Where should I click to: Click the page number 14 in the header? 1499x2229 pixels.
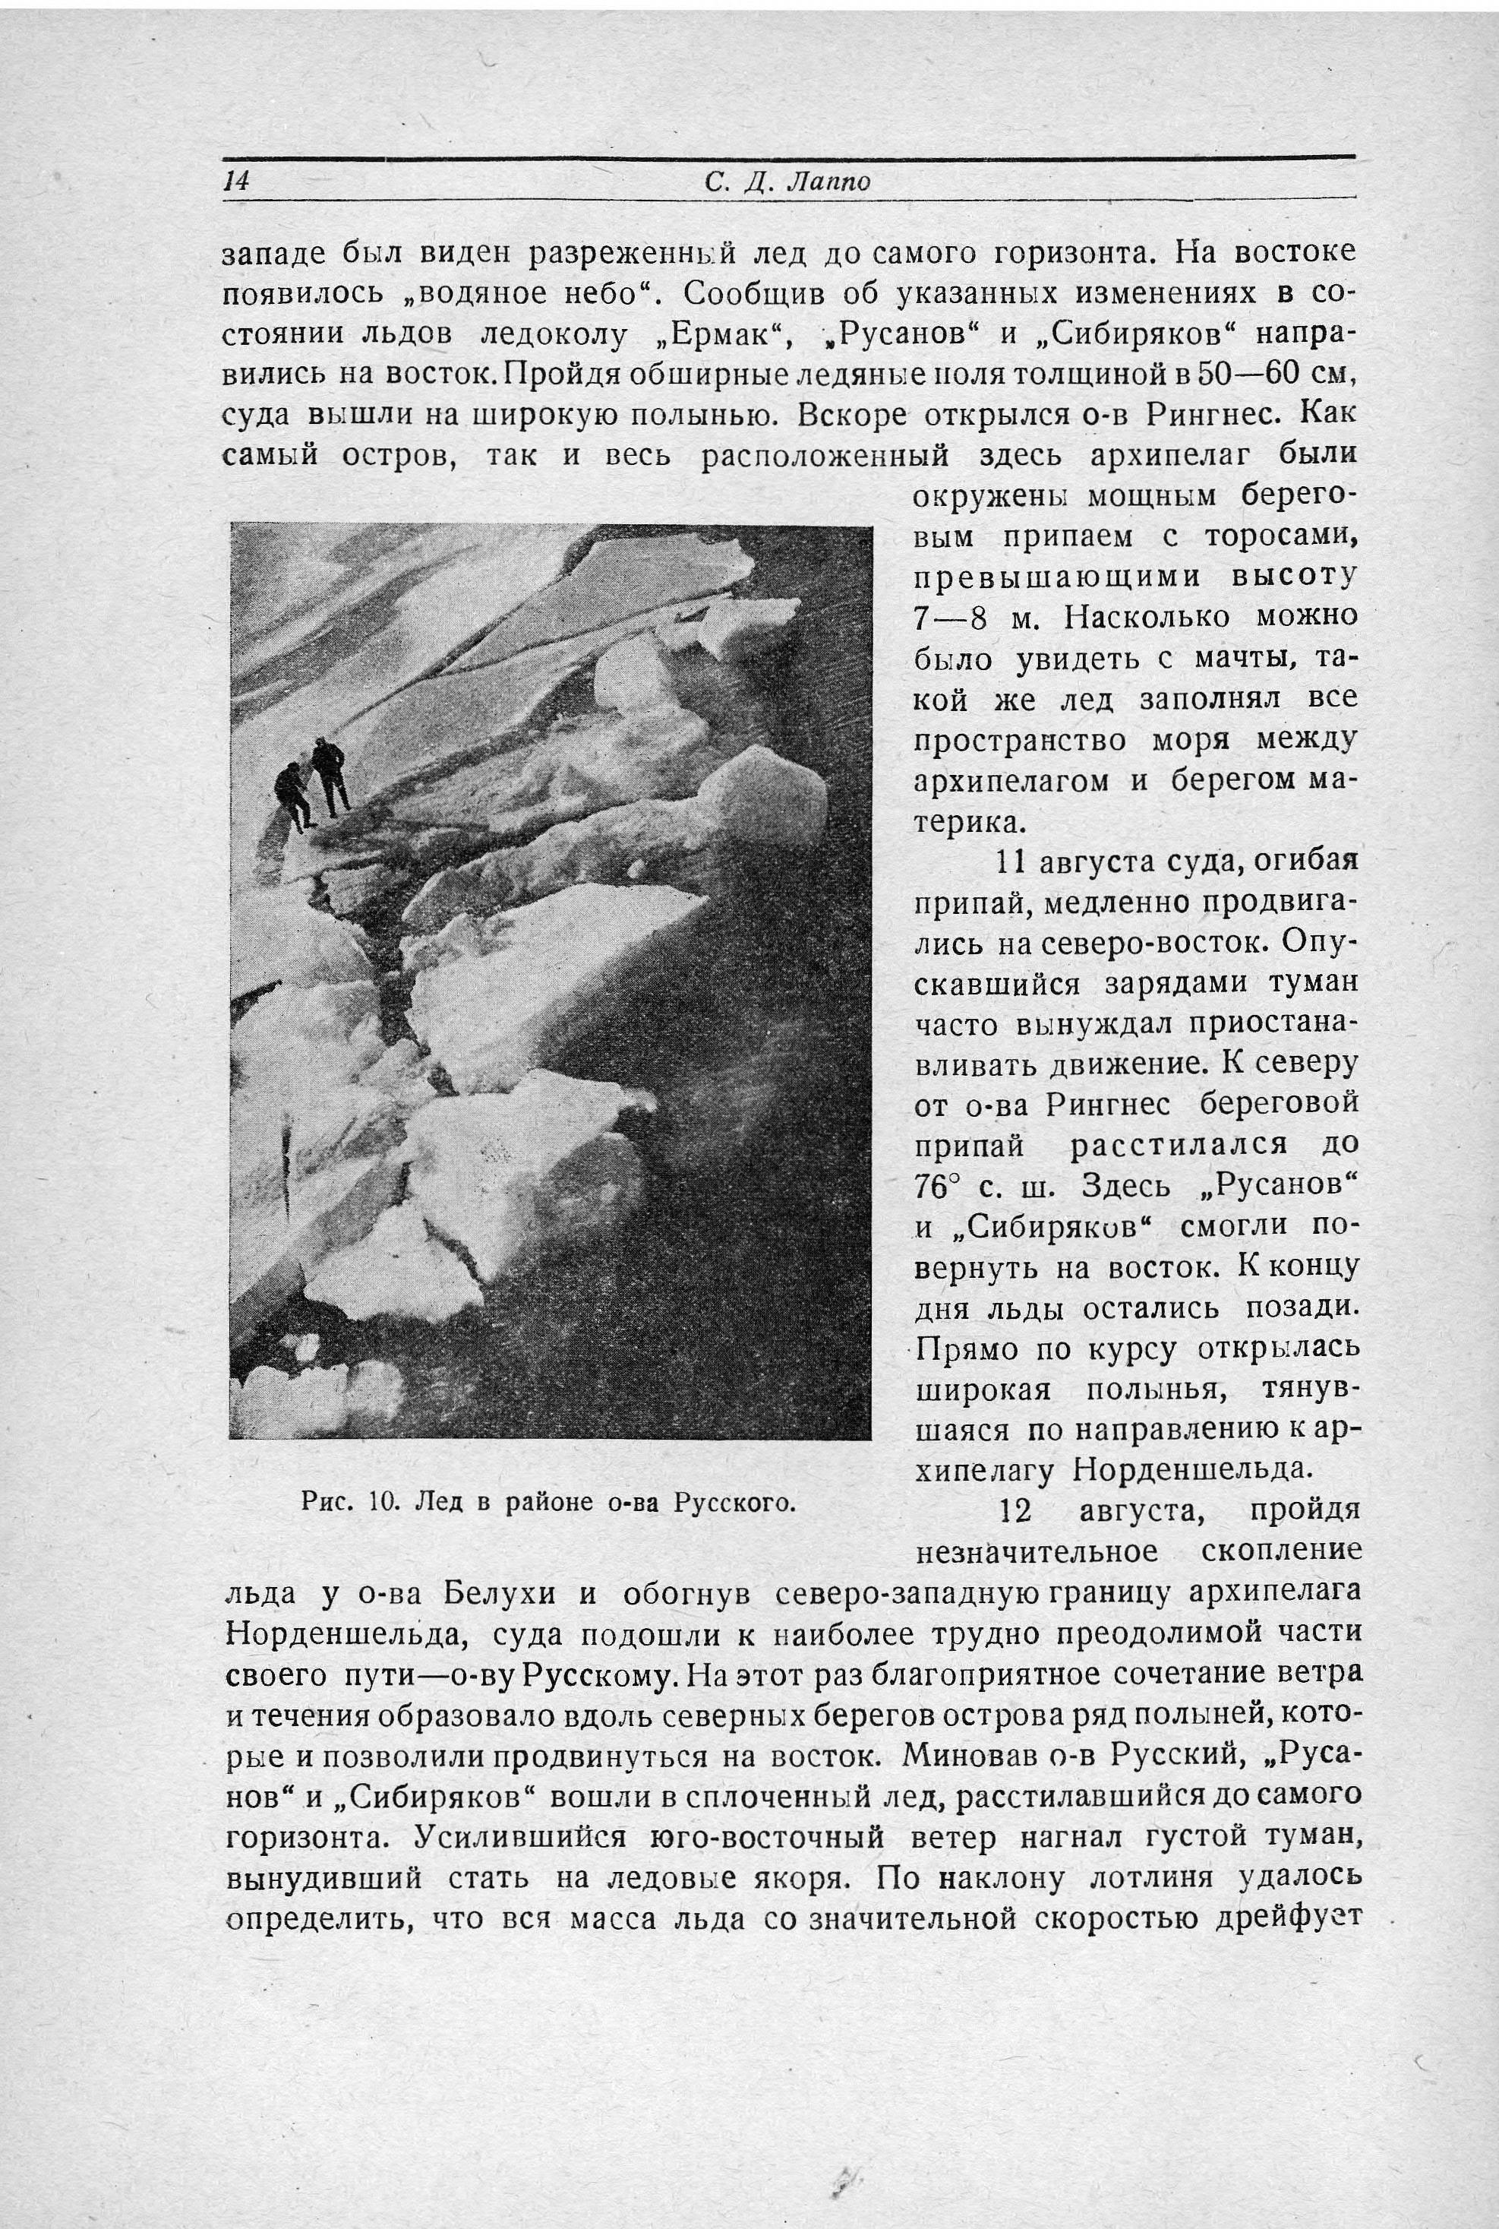pos(236,181)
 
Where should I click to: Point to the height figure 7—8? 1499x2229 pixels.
pos(951,618)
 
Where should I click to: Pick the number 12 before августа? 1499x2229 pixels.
pos(1018,1512)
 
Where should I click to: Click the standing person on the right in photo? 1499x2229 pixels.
pos(329,776)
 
